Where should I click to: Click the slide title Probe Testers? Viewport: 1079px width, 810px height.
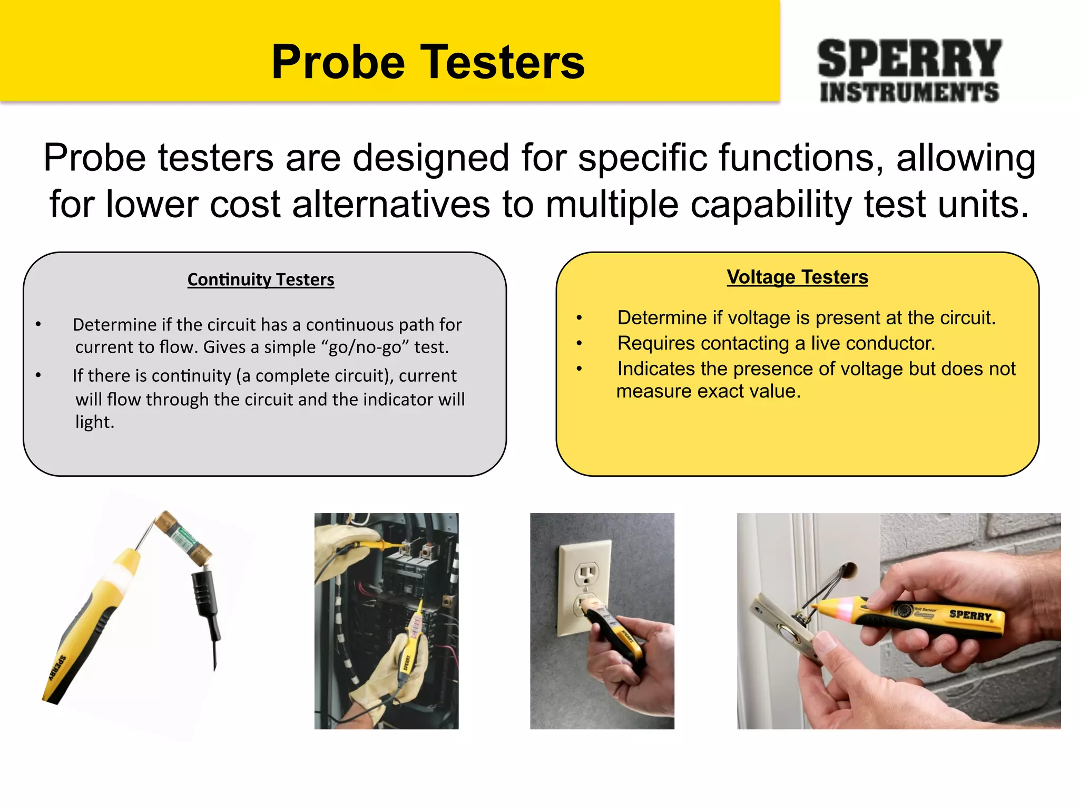[x=428, y=62]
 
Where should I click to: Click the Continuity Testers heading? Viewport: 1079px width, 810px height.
[x=261, y=279]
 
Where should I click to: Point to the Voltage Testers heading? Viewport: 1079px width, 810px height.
[x=798, y=277]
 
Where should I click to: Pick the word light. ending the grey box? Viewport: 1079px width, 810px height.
[x=95, y=422]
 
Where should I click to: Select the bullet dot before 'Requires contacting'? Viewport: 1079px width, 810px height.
[x=579, y=344]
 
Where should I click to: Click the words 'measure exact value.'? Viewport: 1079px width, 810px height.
[x=709, y=391]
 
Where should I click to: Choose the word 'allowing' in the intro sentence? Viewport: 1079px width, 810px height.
[x=966, y=158]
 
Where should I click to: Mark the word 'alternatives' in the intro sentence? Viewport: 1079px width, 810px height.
[x=391, y=204]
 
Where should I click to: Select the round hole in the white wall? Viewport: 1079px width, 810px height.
[x=849, y=571]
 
